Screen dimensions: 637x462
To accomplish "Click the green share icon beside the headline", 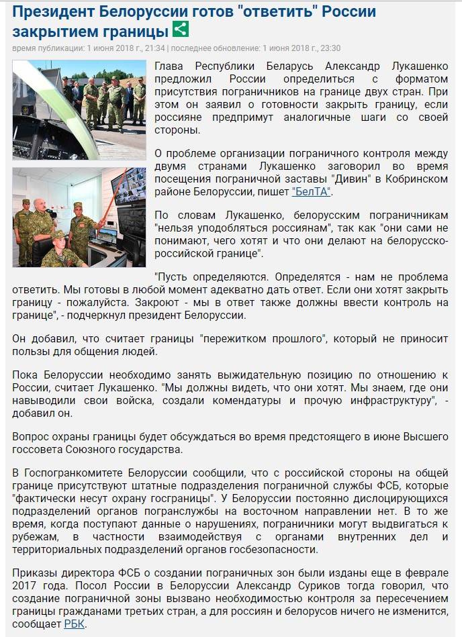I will click(181, 30).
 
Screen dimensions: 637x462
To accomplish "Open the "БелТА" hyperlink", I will click(312, 191).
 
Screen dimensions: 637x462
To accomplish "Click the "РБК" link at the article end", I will click(74, 624).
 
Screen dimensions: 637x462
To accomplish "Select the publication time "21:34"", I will click(155, 48).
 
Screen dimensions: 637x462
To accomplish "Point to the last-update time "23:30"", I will click(330, 48).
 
